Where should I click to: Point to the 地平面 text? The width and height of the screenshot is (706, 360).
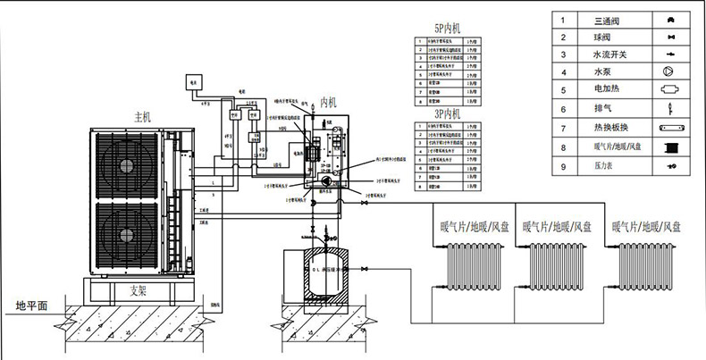pos(31,306)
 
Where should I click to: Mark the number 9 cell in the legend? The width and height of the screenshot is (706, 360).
pos(564,165)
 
